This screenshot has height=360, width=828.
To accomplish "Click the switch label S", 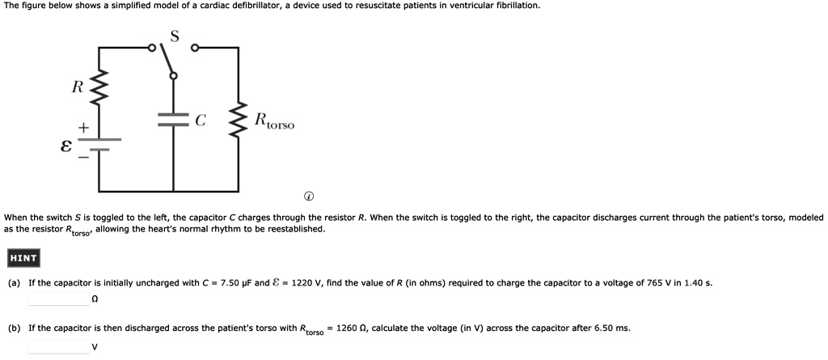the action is [x=175, y=36].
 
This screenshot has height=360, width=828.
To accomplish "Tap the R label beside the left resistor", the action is [x=77, y=87].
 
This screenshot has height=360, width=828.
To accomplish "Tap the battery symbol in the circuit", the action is [x=99, y=144].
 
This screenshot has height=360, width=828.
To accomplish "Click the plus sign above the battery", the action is [x=82, y=128].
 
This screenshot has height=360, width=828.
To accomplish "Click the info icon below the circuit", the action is [x=309, y=197].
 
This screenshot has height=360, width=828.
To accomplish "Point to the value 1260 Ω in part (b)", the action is [x=351, y=328].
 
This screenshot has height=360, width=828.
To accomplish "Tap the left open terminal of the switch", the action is [x=151, y=48].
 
